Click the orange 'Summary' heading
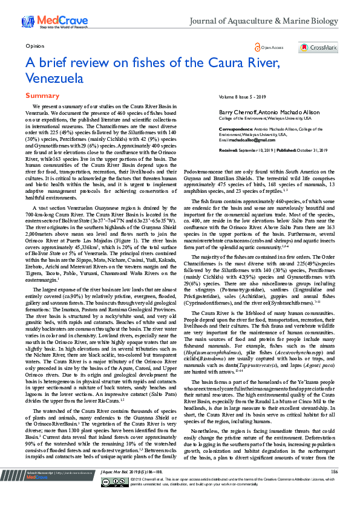point(42,96)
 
